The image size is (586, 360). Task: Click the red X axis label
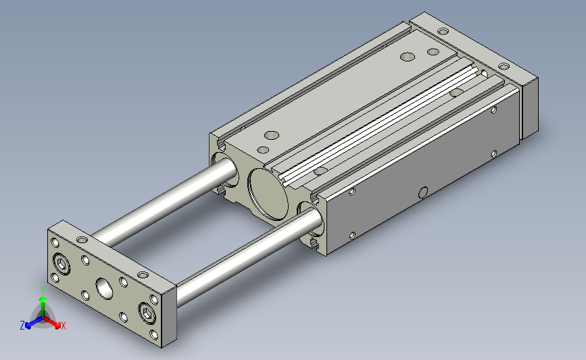pyautogui.click(x=63, y=326)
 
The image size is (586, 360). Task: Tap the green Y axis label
pyautogui.click(x=43, y=290)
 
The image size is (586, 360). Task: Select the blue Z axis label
pyautogui.click(x=22, y=326)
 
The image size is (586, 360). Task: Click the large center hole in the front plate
pyautogui.click(x=104, y=288)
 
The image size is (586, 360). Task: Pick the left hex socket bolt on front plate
pyautogui.click(x=62, y=264)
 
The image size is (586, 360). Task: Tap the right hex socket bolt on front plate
pyautogui.click(x=147, y=313)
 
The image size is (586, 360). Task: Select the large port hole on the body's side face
pyautogui.click(x=423, y=192)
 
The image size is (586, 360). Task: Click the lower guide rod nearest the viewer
pyautogui.click(x=248, y=258)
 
